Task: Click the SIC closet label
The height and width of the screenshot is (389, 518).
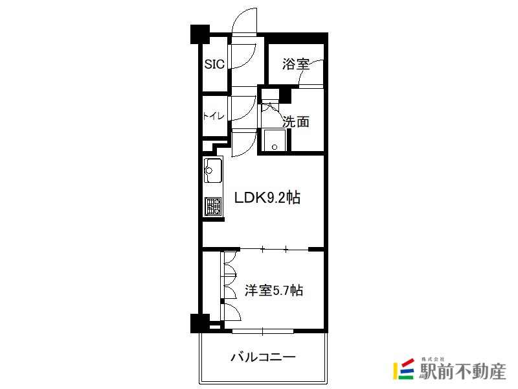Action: [x=214, y=64]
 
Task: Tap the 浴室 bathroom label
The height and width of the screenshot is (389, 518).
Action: [x=296, y=64]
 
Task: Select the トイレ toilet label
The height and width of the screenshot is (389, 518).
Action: [x=214, y=116]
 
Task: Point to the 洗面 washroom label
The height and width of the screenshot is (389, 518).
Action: [x=296, y=122]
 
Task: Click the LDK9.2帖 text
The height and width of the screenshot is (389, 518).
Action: [x=267, y=198]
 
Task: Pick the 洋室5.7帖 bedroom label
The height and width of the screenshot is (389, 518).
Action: [x=273, y=290]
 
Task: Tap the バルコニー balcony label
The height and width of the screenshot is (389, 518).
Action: [x=263, y=357]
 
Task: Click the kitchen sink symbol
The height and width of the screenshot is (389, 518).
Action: [x=213, y=171]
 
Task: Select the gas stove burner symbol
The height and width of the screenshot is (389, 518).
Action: [x=213, y=206]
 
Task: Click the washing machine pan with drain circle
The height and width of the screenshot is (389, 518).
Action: [x=275, y=140]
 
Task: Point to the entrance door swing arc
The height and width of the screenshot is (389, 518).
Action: [x=245, y=21]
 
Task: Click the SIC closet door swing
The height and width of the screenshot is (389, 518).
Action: [x=243, y=56]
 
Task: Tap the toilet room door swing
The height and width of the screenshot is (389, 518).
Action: [x=243, y=108]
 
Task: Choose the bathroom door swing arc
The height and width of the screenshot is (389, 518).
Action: [x=311, y=73]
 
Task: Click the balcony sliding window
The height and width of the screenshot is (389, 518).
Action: [x=263, y=331]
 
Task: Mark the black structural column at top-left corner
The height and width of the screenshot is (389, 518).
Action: [x=200, y=34]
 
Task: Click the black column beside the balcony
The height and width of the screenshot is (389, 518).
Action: [x=200, y=323]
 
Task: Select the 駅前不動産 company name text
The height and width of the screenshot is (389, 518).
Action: [x=462, y=371]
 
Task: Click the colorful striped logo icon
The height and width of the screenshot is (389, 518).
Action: [x=403, y=369]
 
